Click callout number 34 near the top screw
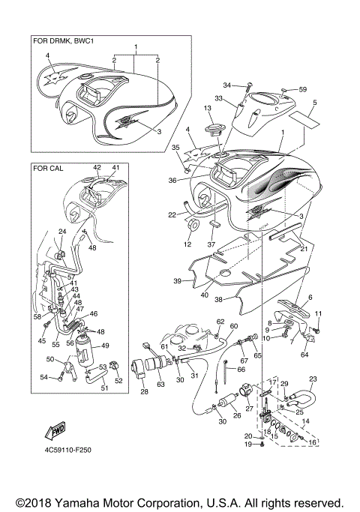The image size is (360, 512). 227,85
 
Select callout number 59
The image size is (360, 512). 303,90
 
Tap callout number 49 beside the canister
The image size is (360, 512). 106,346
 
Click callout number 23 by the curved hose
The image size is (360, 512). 313,379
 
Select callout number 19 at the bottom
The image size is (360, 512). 247,445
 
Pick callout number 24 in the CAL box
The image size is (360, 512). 62,233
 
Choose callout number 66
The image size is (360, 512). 242,370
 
